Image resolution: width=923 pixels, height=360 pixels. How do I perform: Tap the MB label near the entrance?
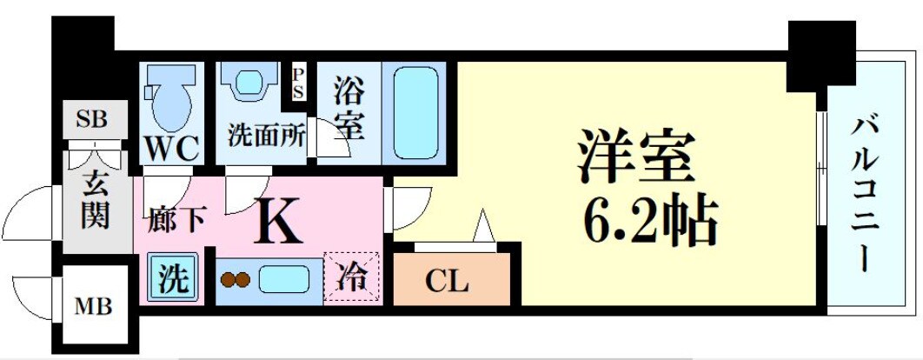(x=92, y=306)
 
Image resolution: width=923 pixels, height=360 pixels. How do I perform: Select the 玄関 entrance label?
(x=95, y=202)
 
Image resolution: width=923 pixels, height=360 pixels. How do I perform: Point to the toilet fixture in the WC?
(x=170, y=100)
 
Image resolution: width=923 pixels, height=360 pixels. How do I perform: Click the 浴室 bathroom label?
(x=347, y=109)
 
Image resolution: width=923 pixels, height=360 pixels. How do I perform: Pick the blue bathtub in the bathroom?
(x=413, y=110)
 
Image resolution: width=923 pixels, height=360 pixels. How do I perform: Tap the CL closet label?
(x=448, y=282)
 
